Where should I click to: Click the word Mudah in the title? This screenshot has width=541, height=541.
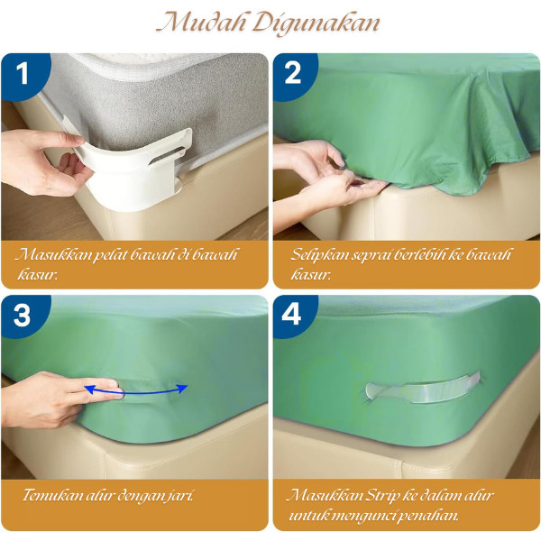click(201, 23)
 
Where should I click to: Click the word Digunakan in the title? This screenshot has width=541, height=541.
click(316, 24)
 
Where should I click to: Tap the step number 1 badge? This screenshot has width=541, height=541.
click(24, 74)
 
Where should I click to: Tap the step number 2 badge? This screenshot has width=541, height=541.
click(294, 74)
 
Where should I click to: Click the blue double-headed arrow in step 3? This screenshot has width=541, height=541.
click(136, 390)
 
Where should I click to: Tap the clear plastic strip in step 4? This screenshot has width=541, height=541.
click(423, 388)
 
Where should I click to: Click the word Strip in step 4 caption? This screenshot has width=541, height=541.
click(381, 496)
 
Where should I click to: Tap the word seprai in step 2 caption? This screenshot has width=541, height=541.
click(373, 256)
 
